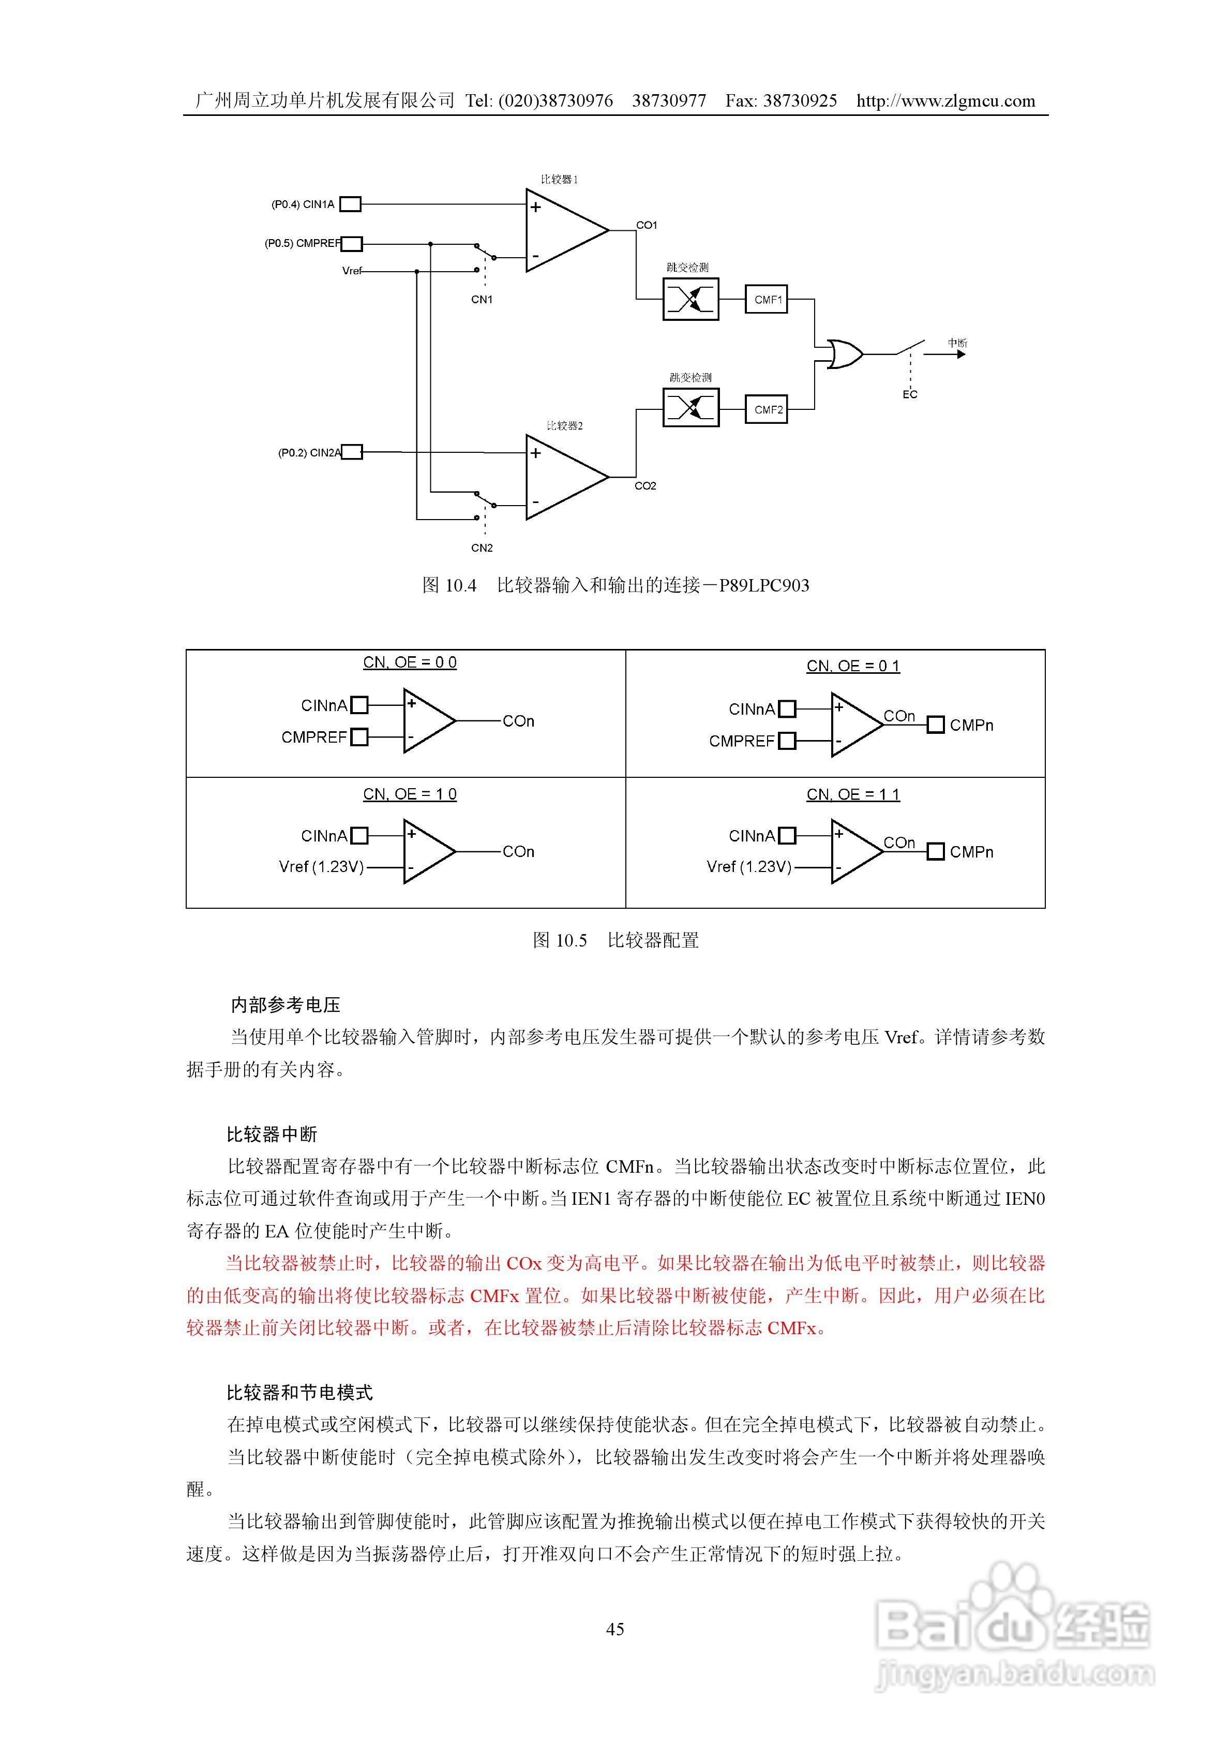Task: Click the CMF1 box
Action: (767, 300)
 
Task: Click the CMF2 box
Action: (767, 410)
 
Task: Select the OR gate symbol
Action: (843, 354)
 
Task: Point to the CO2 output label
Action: (645, 486)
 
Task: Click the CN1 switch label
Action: (482, 300)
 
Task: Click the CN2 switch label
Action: (482, 548)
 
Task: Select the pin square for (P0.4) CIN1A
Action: (350, 204)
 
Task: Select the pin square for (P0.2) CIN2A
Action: (352, 452)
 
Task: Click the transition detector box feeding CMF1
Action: (690, 300)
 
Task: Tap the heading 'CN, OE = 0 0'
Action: (410, 663)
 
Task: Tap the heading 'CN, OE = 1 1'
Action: (853, 795)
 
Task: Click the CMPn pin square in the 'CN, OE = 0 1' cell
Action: (936, 725)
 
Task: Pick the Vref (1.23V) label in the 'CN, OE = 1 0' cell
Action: (322, 867)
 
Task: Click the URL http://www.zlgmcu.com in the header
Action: (945, 101)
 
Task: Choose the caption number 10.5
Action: (571, 940)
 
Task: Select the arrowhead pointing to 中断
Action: (961, 354)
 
